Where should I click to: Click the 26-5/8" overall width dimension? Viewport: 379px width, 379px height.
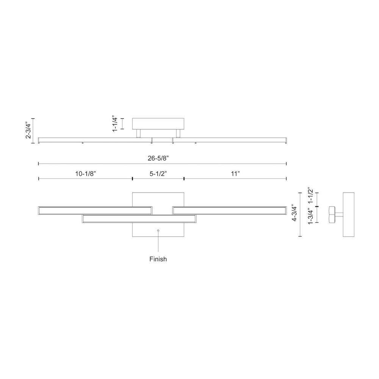[x=158, y=158]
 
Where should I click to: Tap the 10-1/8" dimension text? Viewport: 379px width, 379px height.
[x=86, y=174]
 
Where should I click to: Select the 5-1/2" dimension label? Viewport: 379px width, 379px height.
[x=158, y=174]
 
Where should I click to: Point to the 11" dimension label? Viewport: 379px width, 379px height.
[x=235, y=174]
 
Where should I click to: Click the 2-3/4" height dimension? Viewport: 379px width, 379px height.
[x=28, y=130]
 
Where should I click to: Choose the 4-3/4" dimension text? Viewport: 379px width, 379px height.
[x=294, y=213]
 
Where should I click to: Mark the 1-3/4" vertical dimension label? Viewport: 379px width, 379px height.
[x=310, y=216]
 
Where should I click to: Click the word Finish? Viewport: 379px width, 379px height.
[x=158, y=259]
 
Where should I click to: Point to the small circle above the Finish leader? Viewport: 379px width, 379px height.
[x=158, y=230]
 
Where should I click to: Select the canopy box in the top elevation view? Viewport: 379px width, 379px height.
[x=158, y=124]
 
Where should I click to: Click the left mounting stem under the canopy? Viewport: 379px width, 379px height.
[x=138, y=133]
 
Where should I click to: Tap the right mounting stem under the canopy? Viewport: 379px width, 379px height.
[x=178, y=133]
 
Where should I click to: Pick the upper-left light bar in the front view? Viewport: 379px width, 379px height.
[x=95, y=210]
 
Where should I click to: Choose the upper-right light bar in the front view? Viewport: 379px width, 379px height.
[x=229, y=210]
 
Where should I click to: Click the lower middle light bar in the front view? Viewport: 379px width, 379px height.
[x=139, y=219]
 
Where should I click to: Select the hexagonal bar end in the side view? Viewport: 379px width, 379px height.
[x=332, y=215]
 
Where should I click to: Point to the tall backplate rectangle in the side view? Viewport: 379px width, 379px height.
[x=349, y=215]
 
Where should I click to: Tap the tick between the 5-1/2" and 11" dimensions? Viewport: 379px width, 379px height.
[x=184, y=179]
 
